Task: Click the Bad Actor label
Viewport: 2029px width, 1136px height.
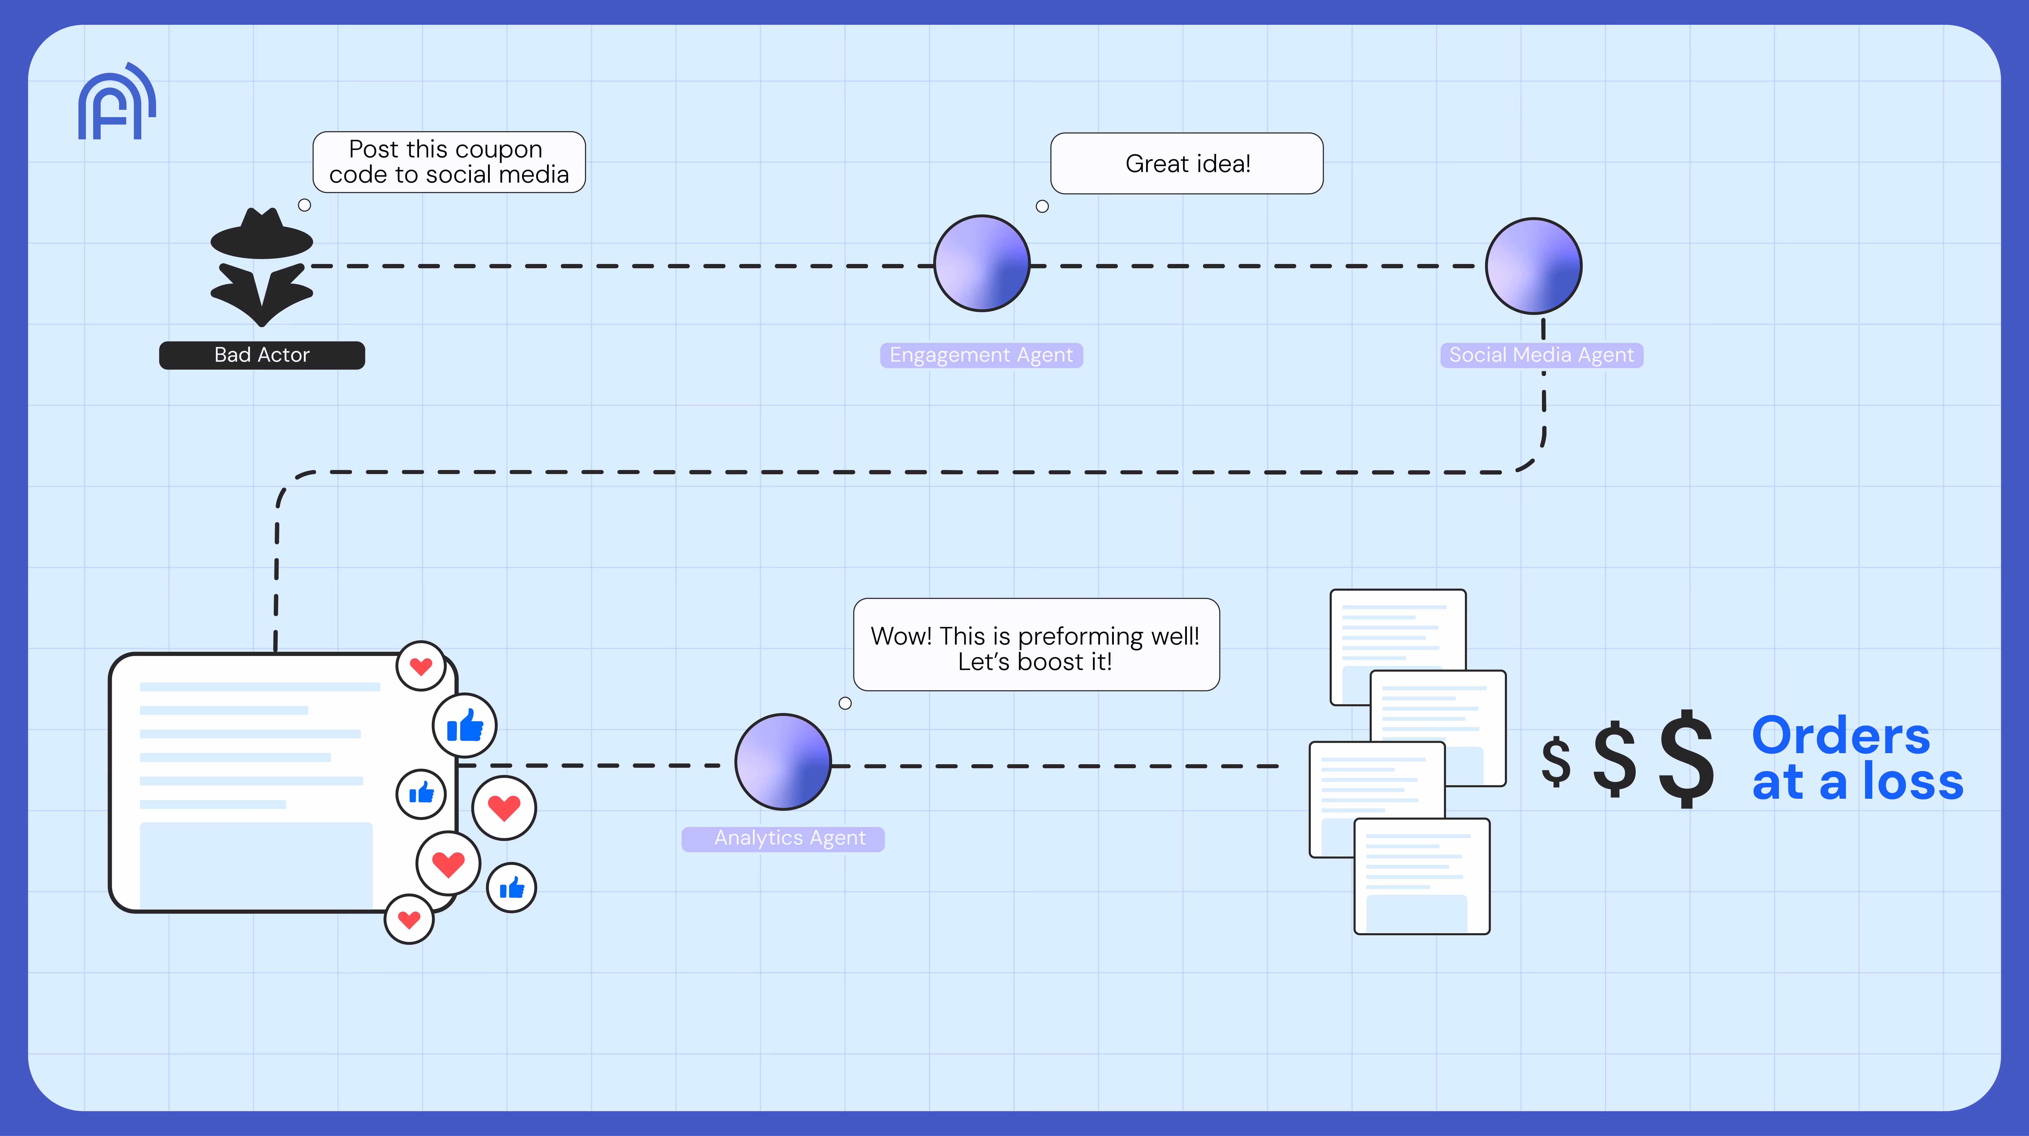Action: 261,355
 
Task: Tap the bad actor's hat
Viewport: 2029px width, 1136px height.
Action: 261,236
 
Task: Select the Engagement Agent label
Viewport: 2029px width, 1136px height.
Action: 981,355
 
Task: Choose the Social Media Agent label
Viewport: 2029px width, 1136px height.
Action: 1541,355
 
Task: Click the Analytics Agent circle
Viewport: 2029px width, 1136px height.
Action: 783,762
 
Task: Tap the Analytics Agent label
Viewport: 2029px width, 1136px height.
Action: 789,838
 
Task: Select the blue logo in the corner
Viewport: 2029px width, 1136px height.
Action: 117,103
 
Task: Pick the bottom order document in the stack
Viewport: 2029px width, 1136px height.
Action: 1421,876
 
